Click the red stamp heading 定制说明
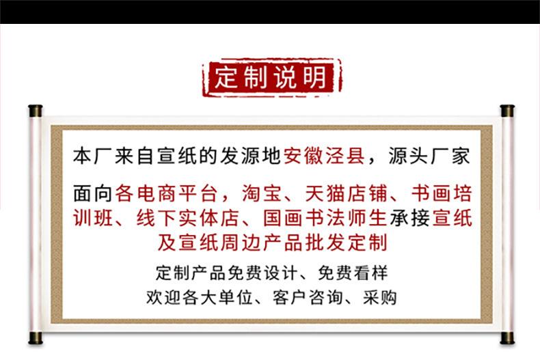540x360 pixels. pyautogui.click(x=272, y=77)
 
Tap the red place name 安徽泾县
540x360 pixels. pyautogui.click(x=325, y=156)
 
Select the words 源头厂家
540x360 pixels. pyautogui.click(x=429, y=156)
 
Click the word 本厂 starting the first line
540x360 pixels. pyautogui.click(x=94, y=156)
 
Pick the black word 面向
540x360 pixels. pyautogui.click(x=94, y=193)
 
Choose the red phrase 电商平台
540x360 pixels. pyautogui.click(x=177, y=193)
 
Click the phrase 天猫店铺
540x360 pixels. pyautogui.click(x=345, y=193)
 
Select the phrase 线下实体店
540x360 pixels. pyautogui.click(x=188, y=218)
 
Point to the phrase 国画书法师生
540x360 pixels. pyautogui.click(x=325, y=218)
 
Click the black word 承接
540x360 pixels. pyautogui.click(x=410, y=218)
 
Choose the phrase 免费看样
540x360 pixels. pyautogui.click(x=353, y=273)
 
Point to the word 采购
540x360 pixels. pyautogui.click(x=380, y=297)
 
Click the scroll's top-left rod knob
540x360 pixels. pyautogui.click(x=35, y=111)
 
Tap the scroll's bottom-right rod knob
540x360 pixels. pyautogui.click(x=507, y=338)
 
